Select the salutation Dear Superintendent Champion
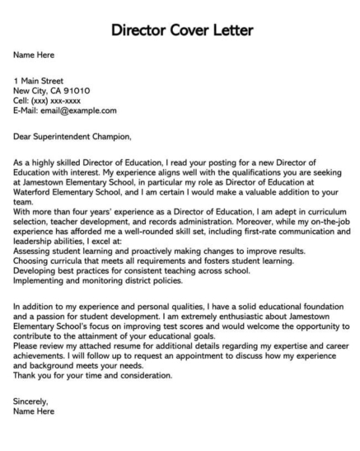(72, 134)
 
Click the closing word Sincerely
(34, 406)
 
